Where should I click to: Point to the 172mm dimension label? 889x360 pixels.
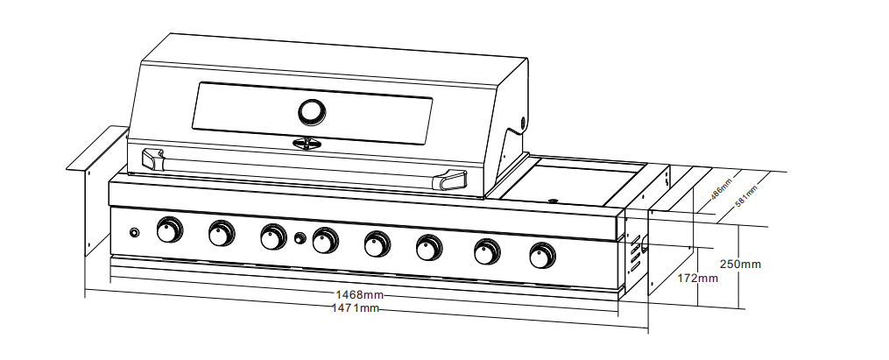(699, 279)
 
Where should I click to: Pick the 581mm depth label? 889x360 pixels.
(746, 192)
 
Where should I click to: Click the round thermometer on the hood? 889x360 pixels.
(310, 111)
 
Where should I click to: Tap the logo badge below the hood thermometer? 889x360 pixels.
(307, 143)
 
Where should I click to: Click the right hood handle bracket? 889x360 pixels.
(455, 180)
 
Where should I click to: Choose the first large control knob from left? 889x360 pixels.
(169, 230)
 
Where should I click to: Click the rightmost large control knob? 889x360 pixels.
(542, 256)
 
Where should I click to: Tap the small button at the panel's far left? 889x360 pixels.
(134, 233)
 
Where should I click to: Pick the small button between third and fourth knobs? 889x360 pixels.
(300, 238)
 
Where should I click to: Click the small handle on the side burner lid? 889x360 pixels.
(553, 200)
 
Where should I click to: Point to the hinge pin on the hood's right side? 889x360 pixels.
(523, 122)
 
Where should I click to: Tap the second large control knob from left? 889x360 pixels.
(222, 233)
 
